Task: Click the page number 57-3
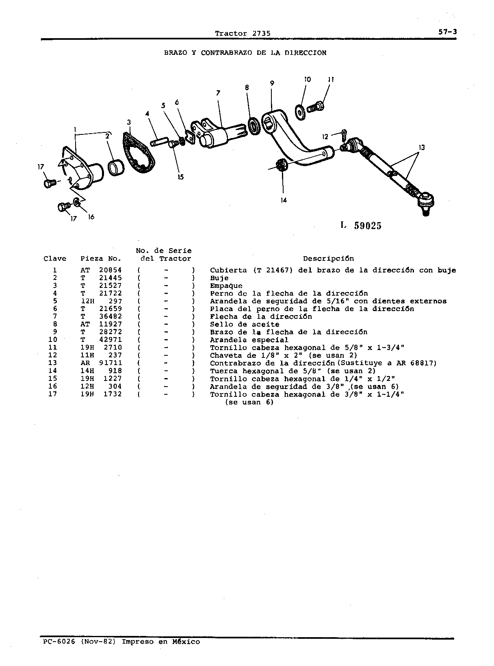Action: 447,32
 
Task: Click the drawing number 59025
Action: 368,225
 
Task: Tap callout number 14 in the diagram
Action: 284,200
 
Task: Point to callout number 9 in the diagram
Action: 272,83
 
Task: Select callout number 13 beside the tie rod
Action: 422,147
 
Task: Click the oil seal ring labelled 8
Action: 254,126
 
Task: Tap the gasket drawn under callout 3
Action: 139,153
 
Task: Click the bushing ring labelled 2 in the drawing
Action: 116,168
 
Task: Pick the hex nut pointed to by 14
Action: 282,166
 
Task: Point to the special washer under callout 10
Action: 300,112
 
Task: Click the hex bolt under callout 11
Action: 316,106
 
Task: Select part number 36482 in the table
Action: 110,316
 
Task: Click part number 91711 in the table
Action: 110,363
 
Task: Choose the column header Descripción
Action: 328,259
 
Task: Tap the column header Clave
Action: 55,259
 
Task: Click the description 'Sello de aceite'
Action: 245,324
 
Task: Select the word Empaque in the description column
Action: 226,286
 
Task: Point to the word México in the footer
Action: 186,642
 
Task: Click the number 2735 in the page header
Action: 261,33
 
